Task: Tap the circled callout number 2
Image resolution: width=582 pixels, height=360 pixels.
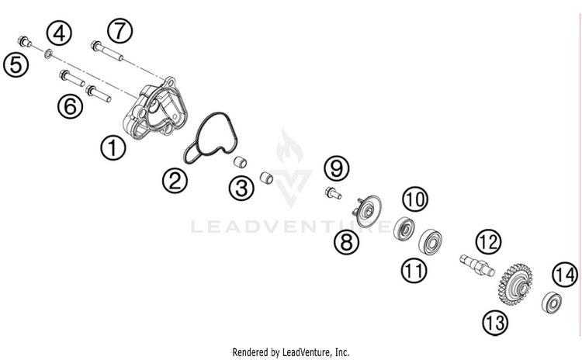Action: [175, 182]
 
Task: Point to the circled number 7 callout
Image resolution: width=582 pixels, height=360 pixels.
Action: [120, 31]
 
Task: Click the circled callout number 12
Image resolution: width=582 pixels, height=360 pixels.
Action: [487, 242]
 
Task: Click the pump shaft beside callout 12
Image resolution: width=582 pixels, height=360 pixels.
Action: [475, 265]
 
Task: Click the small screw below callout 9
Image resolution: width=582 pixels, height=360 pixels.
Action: [333, 192]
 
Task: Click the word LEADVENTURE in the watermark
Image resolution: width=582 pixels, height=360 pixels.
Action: [291, 226]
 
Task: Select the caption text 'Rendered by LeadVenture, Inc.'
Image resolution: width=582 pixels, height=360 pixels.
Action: [290, 351]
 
